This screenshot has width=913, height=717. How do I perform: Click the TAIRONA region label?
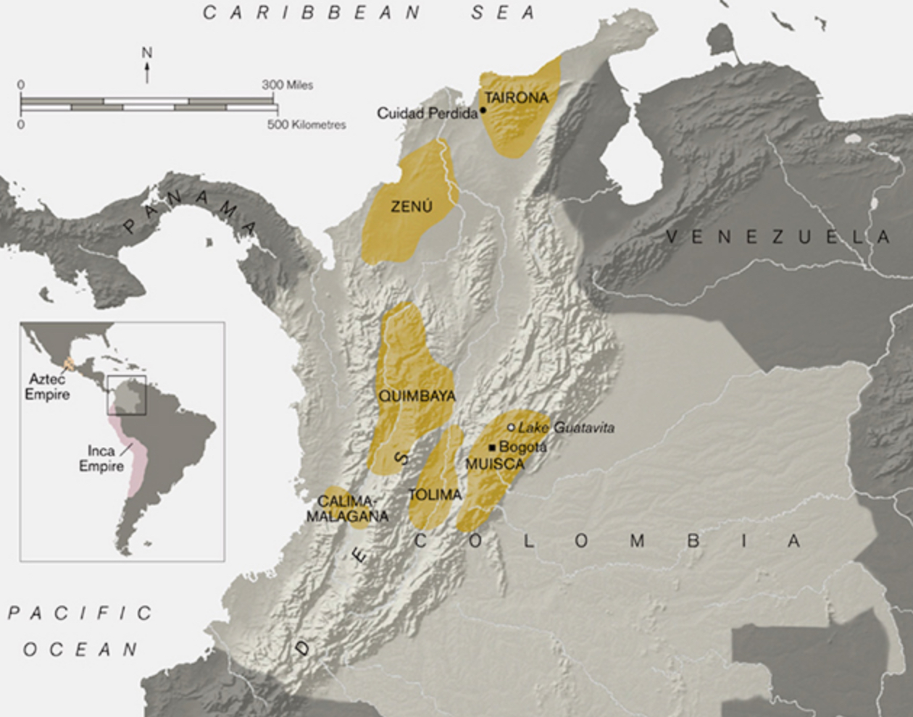(x=516, y=98)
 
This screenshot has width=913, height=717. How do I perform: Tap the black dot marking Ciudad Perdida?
(x=483, y=110)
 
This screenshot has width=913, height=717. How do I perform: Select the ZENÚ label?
(x=411, y=207)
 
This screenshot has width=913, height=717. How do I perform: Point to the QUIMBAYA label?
(x=417, y=396)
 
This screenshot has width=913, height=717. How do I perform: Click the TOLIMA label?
(x=435, y=495)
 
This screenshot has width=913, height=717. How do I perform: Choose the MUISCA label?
(x=494, y=464)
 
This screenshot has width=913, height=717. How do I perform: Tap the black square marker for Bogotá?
(x=492, y=447)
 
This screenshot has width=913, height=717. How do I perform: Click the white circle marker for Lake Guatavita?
(x=511, y=427)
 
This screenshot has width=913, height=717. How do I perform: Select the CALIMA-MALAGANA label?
(x=347, y=508)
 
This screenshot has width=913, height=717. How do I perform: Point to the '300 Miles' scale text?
(x=288, y=85)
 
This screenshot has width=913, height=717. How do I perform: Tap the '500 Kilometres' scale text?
(x=307, y=125)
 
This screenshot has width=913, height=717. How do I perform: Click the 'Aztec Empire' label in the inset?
(x=47, y=387)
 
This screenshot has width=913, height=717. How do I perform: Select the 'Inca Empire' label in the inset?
(x=101, y=458)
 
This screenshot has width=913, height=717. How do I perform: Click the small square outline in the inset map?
(x=127, y=395)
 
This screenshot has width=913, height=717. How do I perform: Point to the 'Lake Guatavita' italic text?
(x=566, y=428)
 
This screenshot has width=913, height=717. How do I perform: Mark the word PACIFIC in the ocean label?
(x=80, y=613)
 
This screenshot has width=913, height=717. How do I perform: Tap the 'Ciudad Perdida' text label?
(x=428, y=113)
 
